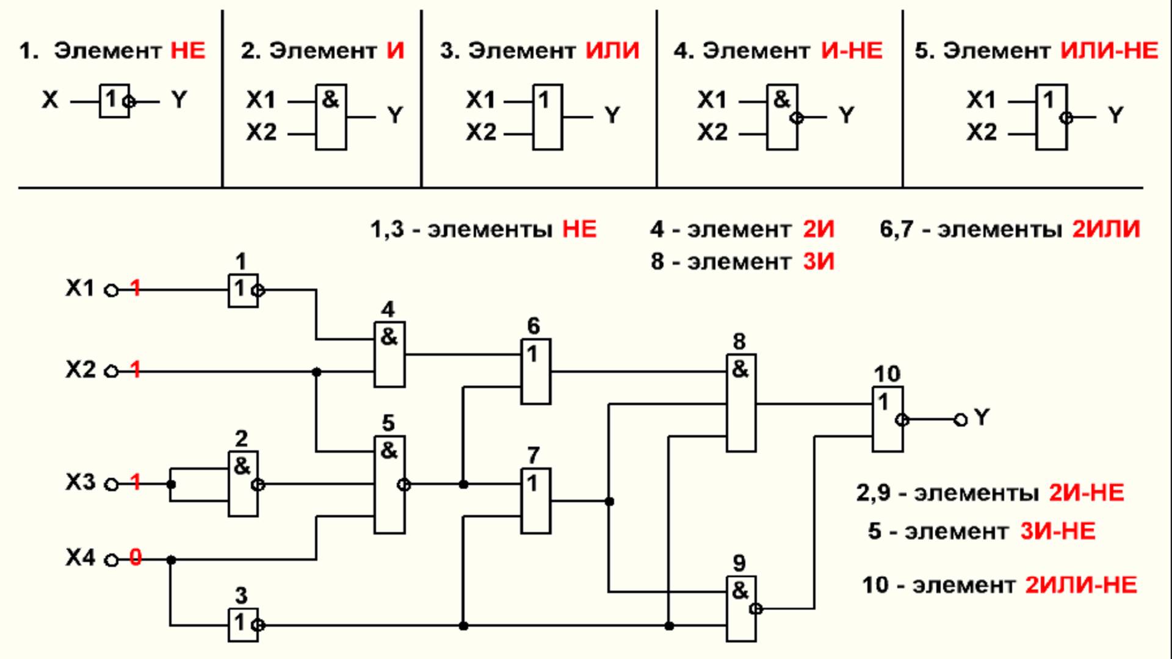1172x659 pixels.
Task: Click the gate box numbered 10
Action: pos(887,419)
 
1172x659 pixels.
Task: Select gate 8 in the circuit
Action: pos(741,403)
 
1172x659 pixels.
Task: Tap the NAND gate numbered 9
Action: pos(741,608)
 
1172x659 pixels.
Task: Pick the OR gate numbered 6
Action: pos(535,372)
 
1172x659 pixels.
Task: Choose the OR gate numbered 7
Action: pos(535,501)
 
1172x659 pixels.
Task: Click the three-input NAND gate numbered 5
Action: pos(389,484)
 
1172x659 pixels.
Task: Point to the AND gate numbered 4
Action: pos(389,355)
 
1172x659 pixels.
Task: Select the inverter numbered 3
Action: pos(242,625)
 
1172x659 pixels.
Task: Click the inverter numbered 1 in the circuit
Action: pos(242,290)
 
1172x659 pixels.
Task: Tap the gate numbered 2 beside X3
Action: pos(242,484)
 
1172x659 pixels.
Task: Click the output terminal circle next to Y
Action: pos(960,420)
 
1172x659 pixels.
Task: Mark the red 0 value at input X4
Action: pos(136,558)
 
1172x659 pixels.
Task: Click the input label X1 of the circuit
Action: pos(80,288)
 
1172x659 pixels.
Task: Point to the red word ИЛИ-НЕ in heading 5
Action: pos(1109,51)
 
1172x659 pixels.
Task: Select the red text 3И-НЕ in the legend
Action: pos(1057,531)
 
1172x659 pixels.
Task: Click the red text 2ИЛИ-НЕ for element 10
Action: pos(1080,585)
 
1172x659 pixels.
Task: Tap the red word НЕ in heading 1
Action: pos(187,51)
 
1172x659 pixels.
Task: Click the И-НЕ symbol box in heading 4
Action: pos(782,117)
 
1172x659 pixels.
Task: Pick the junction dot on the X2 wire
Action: pos(316,372)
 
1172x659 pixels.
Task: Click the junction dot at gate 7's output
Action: pos(609,502)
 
